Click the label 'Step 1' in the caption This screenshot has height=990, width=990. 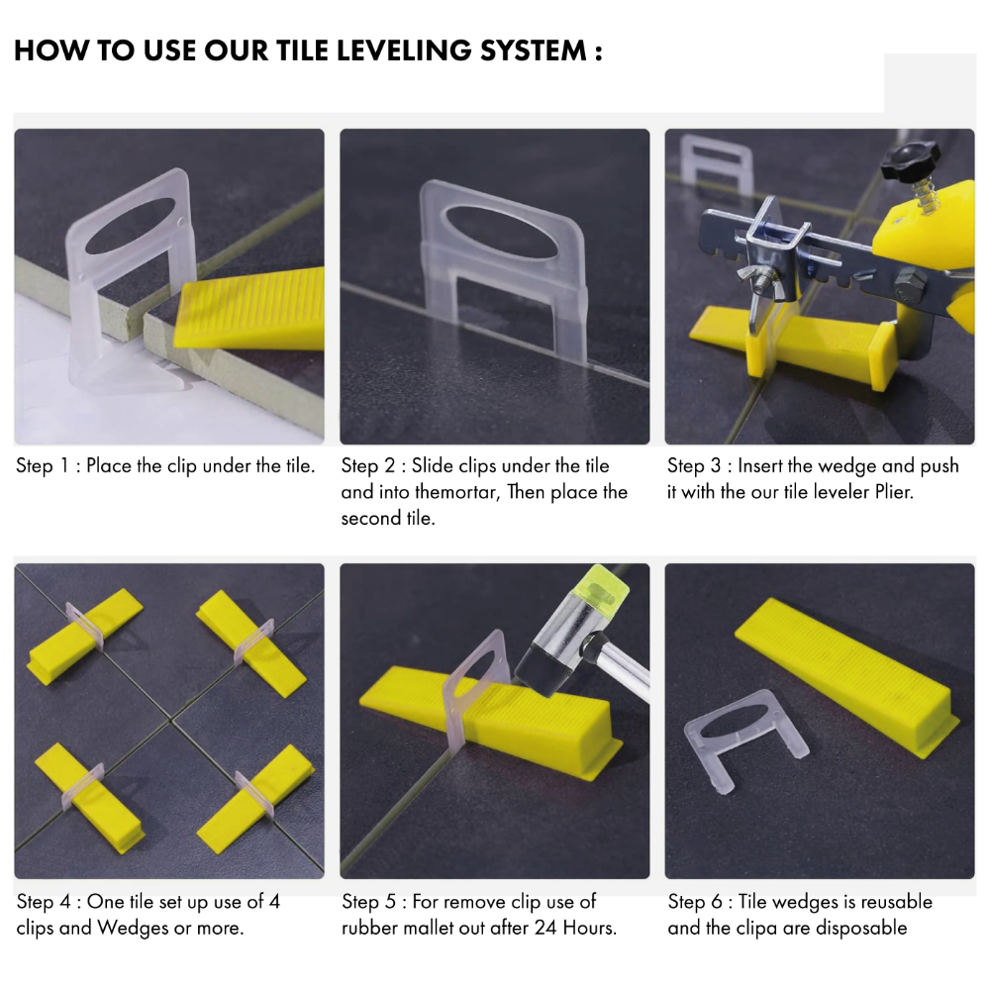click(48, 465)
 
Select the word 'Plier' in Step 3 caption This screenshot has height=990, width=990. click(888, 492)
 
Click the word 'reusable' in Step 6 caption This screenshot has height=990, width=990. click(896, 902)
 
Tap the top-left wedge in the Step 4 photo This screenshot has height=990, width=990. click(84, 635)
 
